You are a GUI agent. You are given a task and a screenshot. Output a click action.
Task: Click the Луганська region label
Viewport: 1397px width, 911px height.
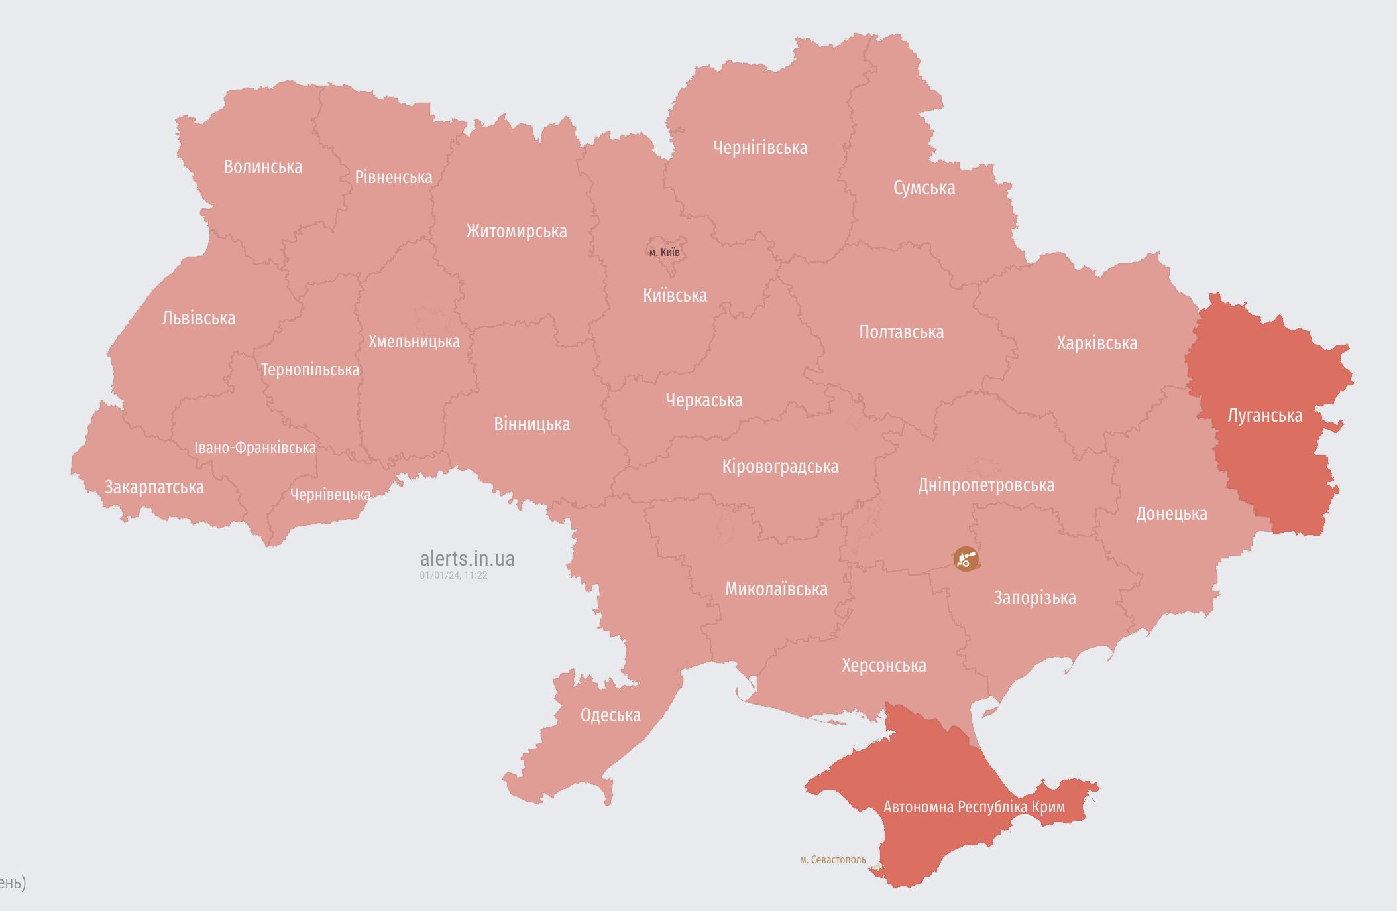pos(1264,416)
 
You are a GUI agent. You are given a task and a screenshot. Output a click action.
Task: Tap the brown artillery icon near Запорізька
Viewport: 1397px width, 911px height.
pos(966,559)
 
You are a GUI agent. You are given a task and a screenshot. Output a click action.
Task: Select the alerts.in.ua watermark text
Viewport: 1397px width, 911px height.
pos(467,558)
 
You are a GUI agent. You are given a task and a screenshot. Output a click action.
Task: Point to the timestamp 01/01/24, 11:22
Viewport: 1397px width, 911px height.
pos(453,576)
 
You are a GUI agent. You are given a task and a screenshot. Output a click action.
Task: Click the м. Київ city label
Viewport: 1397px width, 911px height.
pos(664,252)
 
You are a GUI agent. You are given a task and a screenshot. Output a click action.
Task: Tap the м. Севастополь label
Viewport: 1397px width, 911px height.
pos(832,860)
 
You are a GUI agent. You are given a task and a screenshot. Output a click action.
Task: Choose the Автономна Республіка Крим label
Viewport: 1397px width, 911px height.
pos(974,807)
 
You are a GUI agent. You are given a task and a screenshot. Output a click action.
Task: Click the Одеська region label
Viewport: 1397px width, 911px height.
pos(610,715)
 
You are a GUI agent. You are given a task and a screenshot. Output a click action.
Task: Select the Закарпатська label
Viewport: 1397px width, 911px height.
pos(154,487)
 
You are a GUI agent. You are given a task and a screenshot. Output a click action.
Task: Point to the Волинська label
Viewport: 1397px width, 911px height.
pos(262,167)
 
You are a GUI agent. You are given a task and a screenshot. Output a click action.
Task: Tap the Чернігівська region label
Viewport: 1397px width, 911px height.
pos(760,148)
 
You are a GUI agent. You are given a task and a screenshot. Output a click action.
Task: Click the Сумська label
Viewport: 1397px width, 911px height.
pos(924,188)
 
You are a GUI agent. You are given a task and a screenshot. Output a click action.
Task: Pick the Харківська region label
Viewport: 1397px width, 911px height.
pos(1097,343)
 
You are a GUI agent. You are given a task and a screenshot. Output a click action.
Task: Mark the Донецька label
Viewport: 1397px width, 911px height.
pos(1171,514)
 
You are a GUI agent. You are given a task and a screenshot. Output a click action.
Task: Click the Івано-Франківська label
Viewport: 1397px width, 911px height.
pos(255,448)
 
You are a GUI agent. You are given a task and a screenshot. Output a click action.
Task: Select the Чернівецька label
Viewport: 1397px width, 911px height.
pos(330,495)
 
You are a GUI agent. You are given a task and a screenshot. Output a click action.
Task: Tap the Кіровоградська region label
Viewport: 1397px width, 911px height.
pos(780,467)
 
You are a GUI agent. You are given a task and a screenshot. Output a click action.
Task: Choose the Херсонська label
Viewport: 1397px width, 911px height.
pos(883,666)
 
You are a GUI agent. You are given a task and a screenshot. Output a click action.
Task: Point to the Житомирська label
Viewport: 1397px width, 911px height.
pos(516,231)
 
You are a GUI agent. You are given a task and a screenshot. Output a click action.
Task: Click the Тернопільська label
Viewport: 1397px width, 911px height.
pos(309,370)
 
